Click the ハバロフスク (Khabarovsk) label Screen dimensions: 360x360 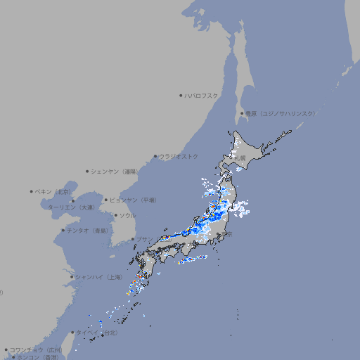click(202, 95)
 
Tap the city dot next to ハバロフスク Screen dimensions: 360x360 click(181, 95)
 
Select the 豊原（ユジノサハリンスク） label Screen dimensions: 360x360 click(281, 113)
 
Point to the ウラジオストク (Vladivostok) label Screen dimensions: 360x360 click(179, 156)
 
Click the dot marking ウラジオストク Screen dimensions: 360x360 click(155, 156)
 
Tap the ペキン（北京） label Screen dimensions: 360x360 click(54, 191)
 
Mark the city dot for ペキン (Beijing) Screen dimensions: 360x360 click(32, 191)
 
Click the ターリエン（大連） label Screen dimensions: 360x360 click(71, 207)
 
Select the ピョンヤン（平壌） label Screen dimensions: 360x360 click(132, 200)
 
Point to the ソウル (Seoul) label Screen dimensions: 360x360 click(127, 215)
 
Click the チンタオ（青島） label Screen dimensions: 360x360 click(87, 230)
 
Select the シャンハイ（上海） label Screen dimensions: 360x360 click(98, 277)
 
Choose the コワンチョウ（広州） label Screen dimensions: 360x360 click(35, 349)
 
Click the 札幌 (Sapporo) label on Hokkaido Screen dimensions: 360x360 click(240, 158)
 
